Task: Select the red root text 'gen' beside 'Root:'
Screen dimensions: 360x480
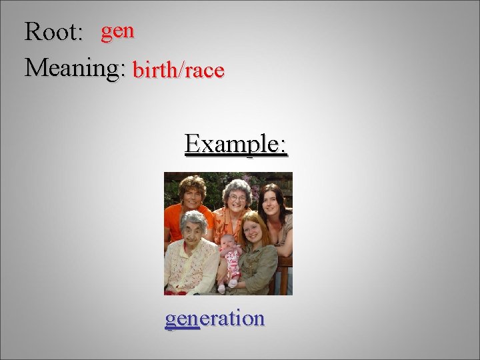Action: [x=118, y=30]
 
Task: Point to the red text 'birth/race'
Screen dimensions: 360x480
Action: [x=179, y=69]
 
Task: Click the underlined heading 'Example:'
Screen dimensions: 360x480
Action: [x=236, y=143]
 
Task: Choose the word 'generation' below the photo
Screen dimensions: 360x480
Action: [x=215, y=319]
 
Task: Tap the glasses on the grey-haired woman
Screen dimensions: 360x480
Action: [x=238, y=197]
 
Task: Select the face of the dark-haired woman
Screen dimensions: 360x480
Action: [x=272, y=200]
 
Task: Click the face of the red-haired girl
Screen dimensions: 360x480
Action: [x=254, y=230]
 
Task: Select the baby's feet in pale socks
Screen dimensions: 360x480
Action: [x=227, y=285]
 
